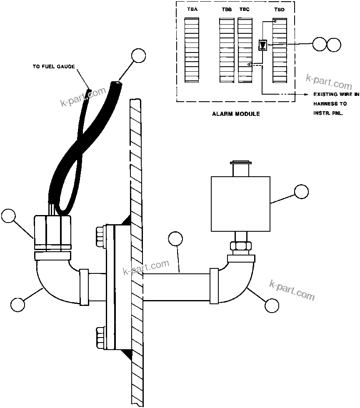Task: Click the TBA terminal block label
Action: [192, 10]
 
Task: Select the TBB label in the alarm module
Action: [227, 10]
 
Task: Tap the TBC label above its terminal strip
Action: [245, 10]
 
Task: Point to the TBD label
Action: [280, 10]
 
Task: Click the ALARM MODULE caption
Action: [236, 114]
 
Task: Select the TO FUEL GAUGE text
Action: [54, 66]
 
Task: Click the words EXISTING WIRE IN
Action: [336, 95]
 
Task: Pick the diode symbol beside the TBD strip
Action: [263, 44]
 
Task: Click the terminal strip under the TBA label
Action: [192, 50]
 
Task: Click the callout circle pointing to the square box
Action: [301, 192]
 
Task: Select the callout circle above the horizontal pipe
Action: [175, 239]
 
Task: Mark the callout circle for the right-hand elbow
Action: [272, 305]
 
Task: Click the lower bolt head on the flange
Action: [101, 335]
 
